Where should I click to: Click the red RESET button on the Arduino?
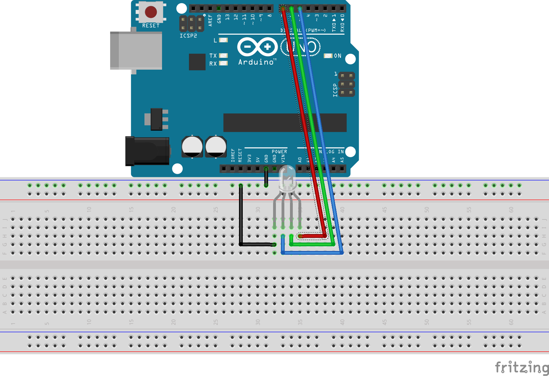click(151, 12)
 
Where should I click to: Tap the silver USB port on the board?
click(136, 50)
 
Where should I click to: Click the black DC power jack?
click(147, 151)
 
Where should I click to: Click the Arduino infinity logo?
click(257, 47)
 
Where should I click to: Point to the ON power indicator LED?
click(328, 56)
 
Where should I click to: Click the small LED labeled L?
click(223, 40)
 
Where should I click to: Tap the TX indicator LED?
click(223, 55)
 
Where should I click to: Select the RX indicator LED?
click(223, 63)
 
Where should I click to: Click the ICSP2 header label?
click(188, 36)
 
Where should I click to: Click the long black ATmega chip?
click(285, 123)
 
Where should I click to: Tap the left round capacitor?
click(192, 146)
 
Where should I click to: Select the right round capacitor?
click(216, 146)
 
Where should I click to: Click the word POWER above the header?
click(279, 152)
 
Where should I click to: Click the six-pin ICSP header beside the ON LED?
click(347, 84)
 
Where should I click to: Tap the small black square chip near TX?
click(197, 62)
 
